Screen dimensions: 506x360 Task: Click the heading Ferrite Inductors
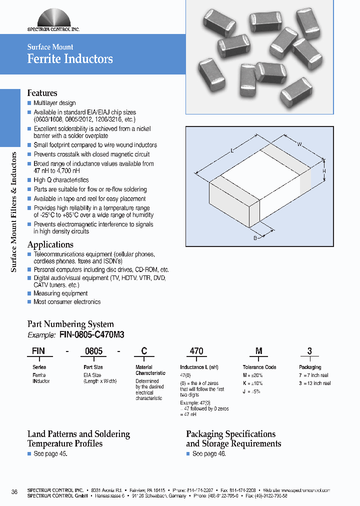pyautogui.click(x=70, y=59)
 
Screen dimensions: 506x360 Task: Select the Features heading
pyautogui.click(x=42, y=93)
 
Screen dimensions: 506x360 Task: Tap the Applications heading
pyautogui.click(x=50, y=244)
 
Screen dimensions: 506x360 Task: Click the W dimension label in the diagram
pyautogui.click(x=299, y=144)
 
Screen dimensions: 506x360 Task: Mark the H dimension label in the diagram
pyautogui.click(x=324, y=171)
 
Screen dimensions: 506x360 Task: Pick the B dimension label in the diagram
pyautogui.click(x=254, y=238)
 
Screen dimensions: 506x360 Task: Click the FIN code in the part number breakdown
pyautogui.click(x=38, y=351)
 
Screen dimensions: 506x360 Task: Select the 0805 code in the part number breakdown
pyautogui.click(x=93, y=351)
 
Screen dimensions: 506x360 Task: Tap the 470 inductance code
pyautogui.click(x=196, y=351)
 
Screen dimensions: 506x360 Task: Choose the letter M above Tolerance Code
pyautogui.click(x=258, y=351)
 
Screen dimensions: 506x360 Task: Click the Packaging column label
pyautogui.click(x=310, y=367)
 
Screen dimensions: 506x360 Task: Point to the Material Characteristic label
pyautogui.click(x=150, y=370)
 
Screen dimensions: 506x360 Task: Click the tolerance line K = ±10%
pyautogui.click(x=253, y=383)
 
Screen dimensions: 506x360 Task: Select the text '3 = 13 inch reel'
pyautogui.click(x=315, y=383)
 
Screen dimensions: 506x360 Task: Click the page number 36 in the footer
pyautogui.click(x=14, y=492)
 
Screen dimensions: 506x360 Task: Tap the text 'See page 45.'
pyautogui.click(x=50, y=453)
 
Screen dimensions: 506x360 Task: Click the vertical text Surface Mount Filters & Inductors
pyautogui.click(x=14, y=212)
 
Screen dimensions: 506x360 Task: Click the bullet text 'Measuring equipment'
pyautogui.click(x=60, y=293)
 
